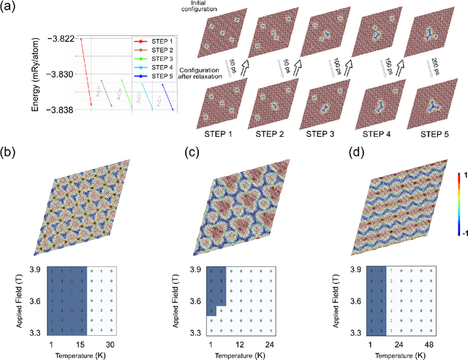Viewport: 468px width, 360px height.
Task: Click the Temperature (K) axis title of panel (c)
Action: click(x=240, y=354)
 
